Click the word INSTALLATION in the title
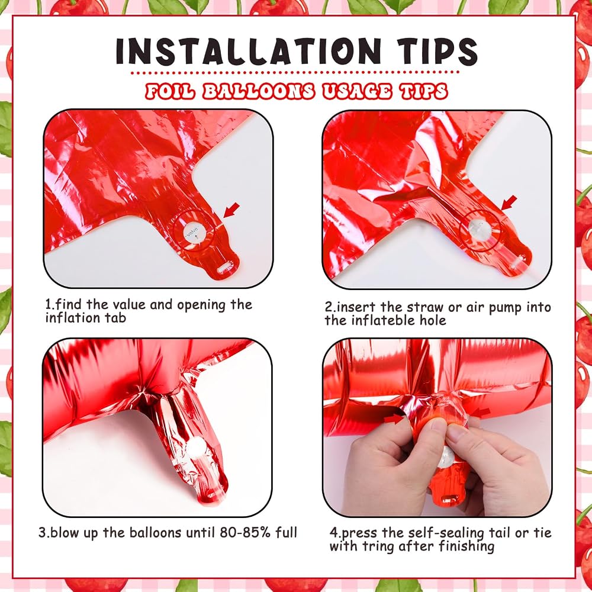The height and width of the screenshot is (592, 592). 248,51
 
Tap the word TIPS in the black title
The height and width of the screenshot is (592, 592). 437,51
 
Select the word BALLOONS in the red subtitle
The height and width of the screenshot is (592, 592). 258,92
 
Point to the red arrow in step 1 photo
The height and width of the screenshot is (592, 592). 231,210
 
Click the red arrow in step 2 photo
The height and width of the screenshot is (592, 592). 509,202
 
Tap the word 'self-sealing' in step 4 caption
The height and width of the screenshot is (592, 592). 446,533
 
